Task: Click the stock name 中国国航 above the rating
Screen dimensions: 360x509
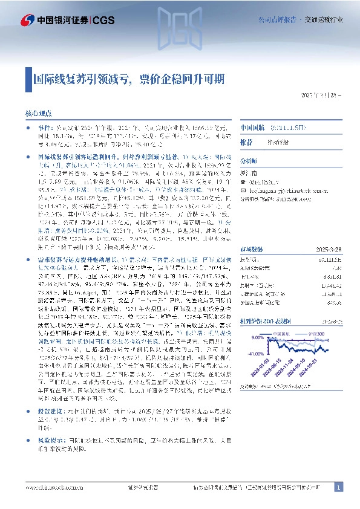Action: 253,128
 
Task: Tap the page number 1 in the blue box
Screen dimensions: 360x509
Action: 339,487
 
